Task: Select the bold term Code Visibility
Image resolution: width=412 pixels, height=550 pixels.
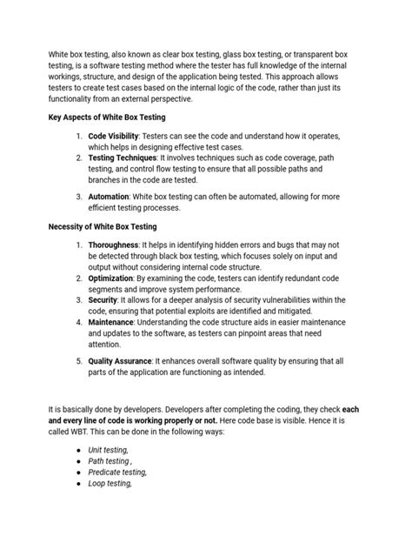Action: tap(118, 137)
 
